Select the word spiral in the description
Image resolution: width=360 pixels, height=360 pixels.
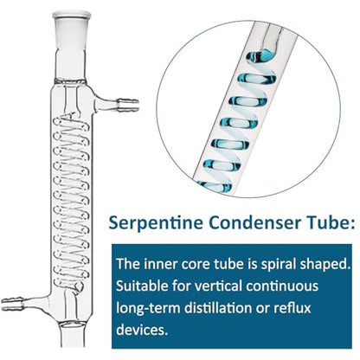pos(278,265)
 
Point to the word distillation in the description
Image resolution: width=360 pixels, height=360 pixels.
pos(217,308)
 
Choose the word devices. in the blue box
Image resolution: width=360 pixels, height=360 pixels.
pos(142,329)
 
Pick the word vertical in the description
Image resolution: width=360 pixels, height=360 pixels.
pos(218,286)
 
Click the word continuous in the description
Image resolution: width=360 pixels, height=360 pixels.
pos(282,286)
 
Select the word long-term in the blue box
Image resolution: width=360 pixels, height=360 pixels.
pos(148,308)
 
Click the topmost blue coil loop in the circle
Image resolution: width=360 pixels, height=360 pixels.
pos(261,56)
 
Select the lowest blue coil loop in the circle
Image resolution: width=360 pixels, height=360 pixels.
pos(215,186)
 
